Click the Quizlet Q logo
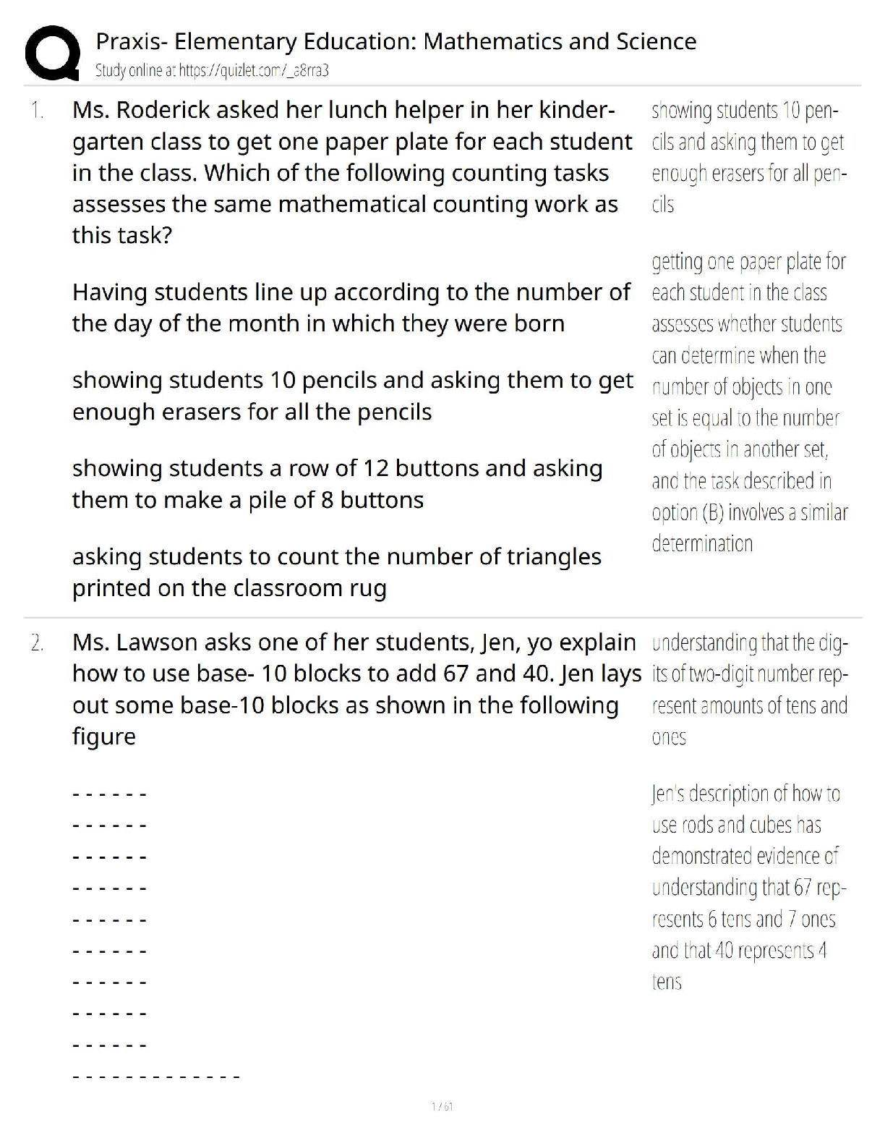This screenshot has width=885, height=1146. pos(52,53)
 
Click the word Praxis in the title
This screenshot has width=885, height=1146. pos(124,42)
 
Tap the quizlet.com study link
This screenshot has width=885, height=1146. pos(254,71)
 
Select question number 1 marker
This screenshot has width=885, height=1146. pos(37,111)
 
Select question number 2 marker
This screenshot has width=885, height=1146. pos(37,642)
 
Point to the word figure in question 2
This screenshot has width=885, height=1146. pos(104,737)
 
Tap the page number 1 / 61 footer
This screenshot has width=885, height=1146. pos(442,1106)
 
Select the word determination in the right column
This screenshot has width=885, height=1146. pos(702,544)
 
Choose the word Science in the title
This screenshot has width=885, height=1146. pos(657,42)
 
